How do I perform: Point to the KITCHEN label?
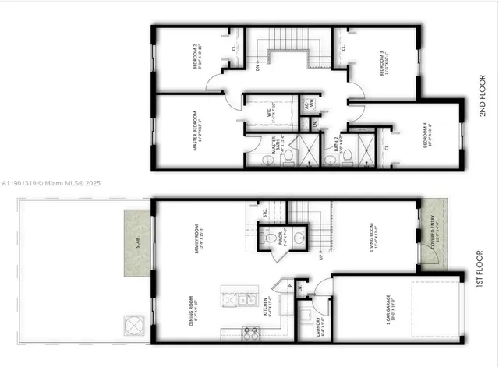[x=266, y=307]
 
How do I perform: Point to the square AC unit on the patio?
[x=133, y=323]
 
